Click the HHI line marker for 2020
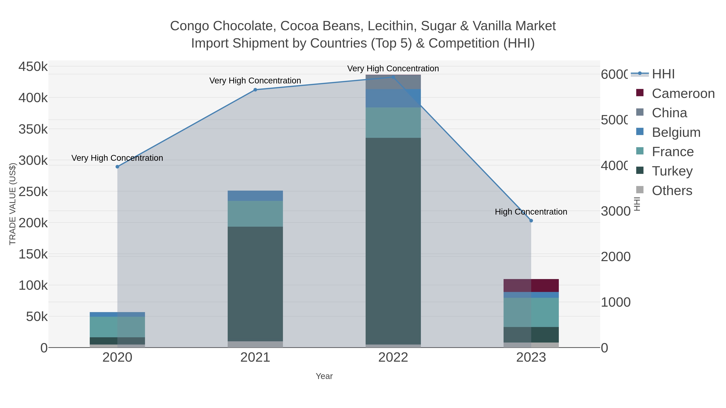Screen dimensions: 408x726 click(118, 167)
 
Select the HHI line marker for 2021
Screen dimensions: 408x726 click(255, 90)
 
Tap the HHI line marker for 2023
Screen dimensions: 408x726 click(531, 221)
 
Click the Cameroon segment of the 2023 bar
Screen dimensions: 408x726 click(531, 285)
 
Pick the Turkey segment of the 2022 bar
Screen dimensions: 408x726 click(393, 241)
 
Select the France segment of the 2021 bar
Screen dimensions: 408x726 click(255, 214)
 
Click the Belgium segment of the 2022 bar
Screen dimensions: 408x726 click(393, 98)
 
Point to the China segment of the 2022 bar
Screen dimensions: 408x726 click(393, 82)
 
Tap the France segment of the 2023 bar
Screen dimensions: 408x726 click(531, 312)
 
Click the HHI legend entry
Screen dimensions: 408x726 click(663, 74)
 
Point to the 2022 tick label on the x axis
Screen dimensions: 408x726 click(393, 358)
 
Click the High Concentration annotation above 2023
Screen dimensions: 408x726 click(531, 212)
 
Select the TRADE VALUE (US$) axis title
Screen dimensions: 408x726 click(13, 204)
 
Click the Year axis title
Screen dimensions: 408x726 click(324, 376)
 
